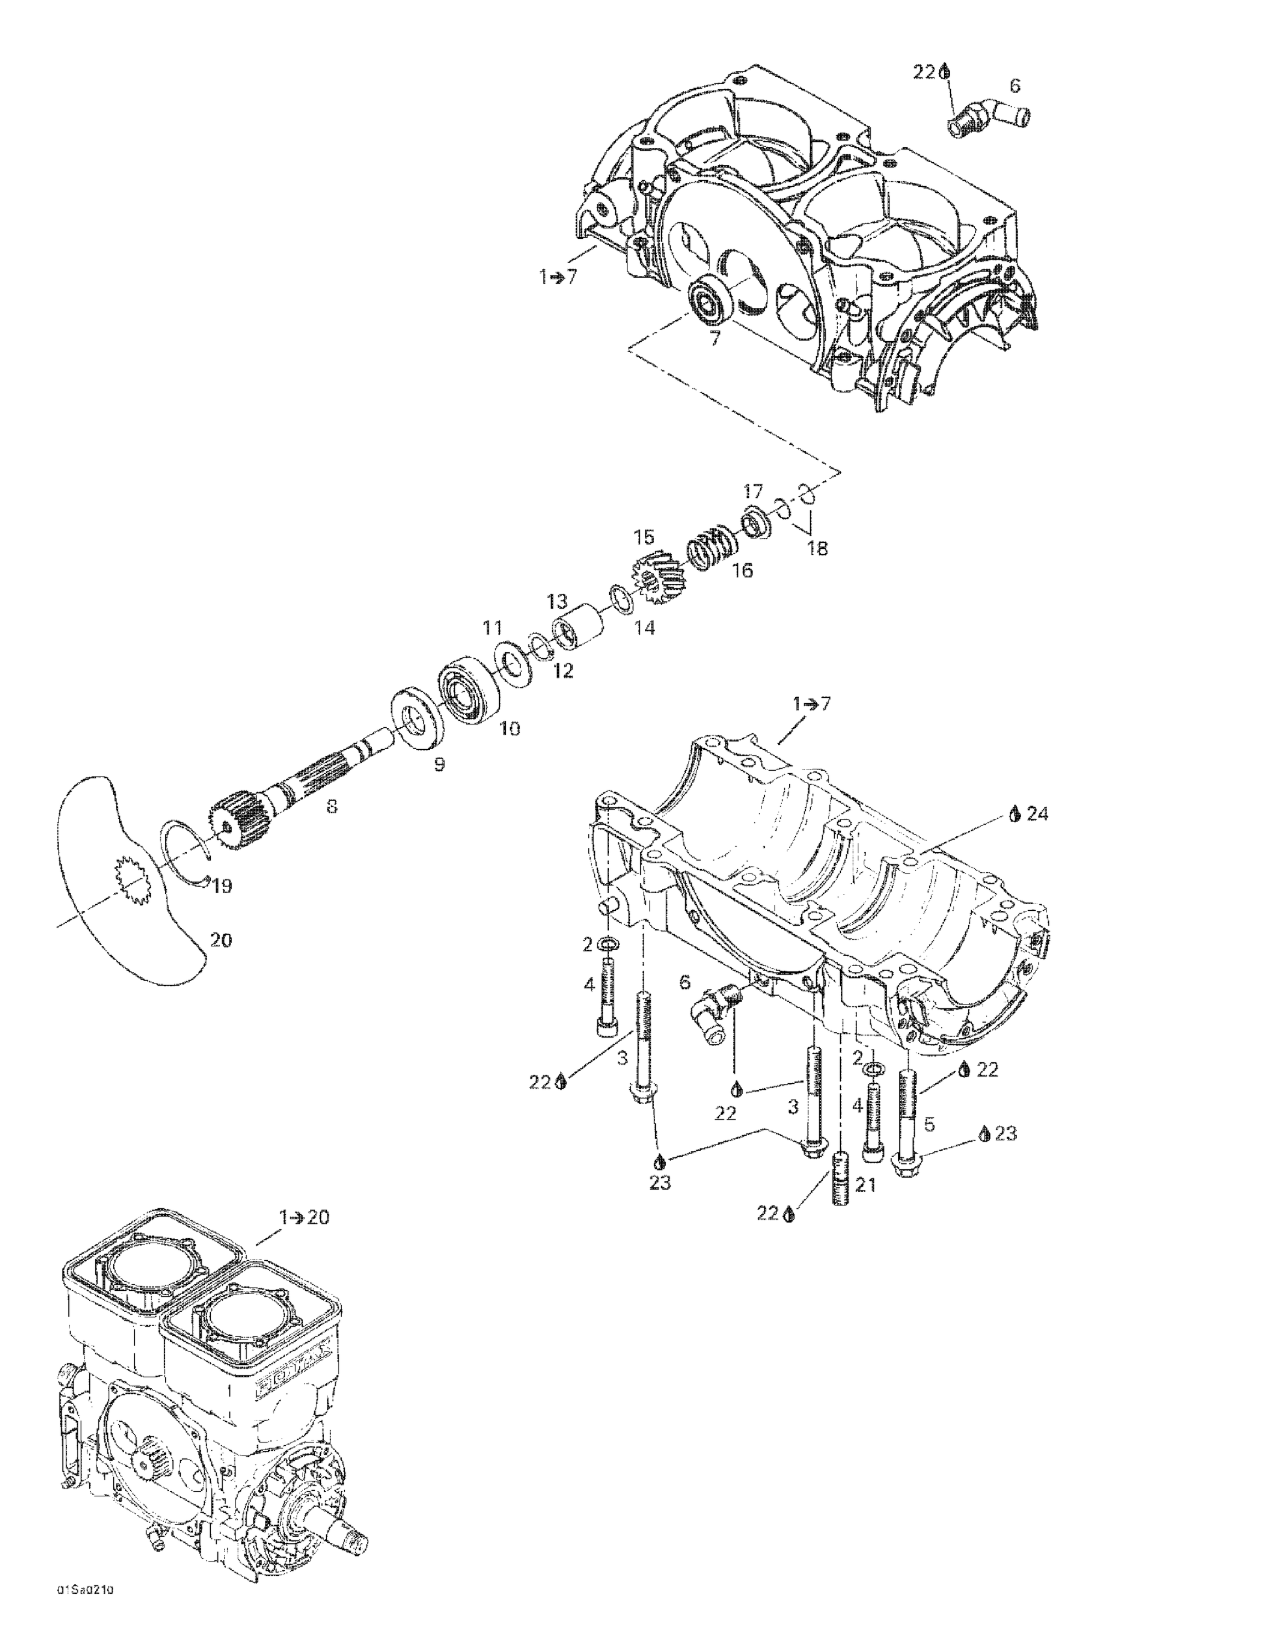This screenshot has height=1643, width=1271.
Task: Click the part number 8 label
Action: click(x=331, y=807)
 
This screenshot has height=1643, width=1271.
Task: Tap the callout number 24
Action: click(x=1037, y=813)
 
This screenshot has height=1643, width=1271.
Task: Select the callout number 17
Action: click(x=753, y=492)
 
